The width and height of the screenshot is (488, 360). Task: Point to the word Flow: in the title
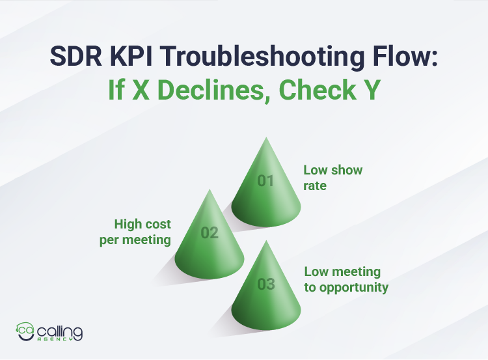tap(407, 57)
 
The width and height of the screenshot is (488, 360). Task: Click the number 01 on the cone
tap(265, 181)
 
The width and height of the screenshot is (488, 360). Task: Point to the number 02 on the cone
tap(210, 232)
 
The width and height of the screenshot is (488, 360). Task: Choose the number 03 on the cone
tap(266, 284)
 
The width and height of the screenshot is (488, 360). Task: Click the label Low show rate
tap(332, 176)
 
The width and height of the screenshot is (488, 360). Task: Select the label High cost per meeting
tap(142, 231)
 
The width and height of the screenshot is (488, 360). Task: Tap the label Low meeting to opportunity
tap(346, 279)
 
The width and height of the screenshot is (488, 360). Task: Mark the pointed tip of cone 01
tap(265, 138)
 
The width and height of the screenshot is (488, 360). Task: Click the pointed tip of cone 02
tap(209, 190)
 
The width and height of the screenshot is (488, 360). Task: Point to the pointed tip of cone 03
tap(266, 242)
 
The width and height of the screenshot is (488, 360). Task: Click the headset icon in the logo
tap(25, 331)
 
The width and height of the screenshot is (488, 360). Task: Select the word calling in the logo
tap(59, 330)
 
